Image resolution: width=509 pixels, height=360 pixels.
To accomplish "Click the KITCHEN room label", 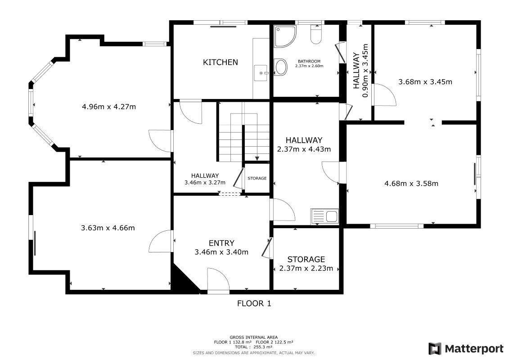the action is pyautogui.click(x=221, y=62).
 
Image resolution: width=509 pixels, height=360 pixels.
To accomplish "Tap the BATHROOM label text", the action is pyautogui.click(x=309, y=61).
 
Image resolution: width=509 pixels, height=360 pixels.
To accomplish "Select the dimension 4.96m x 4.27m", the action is pyautogui.click(x=109, y=107).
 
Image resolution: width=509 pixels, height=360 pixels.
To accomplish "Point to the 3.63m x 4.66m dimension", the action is pyautogui.click(x=108, y=228).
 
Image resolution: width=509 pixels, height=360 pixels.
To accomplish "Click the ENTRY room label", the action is pyautogui.click(x=221, y=243).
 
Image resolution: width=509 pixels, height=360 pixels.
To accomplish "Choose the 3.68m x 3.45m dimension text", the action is pyautogui.click(x=425, y=82).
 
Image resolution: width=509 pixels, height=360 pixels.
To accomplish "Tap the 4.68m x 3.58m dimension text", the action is pyautogui.click(x=411, y=184).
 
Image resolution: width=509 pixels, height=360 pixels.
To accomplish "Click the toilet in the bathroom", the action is pyautogui.click(x=316, y=34).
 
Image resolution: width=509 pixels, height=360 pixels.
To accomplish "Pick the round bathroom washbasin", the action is pyautogui.click(x=281, y=67).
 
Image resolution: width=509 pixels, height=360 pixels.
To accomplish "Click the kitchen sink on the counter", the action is pyautogui.click(x=261, y=73).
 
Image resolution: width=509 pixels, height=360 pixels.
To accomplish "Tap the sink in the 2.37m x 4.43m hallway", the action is pyautogui.click(x=324, y=216).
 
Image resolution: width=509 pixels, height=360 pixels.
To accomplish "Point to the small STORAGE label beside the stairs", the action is pyautogui.click(x=257, y=178).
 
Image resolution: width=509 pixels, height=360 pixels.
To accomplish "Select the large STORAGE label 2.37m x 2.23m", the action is pyautogui.click(x=306, y=264).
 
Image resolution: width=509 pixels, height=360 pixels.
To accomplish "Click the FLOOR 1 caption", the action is pyautogui.click(x=254, y=303).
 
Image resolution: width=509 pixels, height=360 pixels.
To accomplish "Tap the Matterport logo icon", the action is pyautogui.click(x=435, y=349).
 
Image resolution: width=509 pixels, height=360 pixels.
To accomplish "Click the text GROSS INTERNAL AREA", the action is pyautogui.click(x=253, y=337).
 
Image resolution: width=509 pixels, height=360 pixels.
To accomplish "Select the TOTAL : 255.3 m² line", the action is pyautogui.click(x=253, y=347).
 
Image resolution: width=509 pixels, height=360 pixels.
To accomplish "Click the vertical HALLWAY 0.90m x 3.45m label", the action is pyautogui.click(x=360, y=71).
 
